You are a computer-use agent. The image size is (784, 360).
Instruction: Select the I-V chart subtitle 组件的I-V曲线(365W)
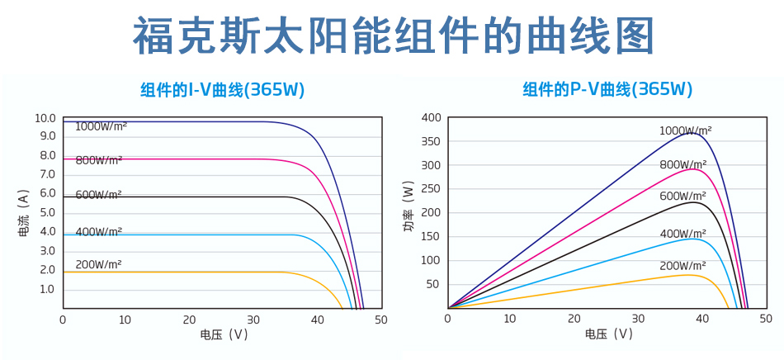(223, 89)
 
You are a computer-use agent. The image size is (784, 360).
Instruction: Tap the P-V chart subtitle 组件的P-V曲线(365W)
(607, 89)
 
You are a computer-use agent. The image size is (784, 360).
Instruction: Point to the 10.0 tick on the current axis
(45, 118)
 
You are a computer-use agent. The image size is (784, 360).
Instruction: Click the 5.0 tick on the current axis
(47, 213)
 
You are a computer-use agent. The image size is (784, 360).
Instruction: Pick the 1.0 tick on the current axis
(47, 289)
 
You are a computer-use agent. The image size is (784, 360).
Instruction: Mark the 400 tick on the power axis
(432, 118)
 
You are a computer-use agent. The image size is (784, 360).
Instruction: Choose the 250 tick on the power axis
(432, 189)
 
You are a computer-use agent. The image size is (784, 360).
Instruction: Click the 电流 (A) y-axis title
(24, 213)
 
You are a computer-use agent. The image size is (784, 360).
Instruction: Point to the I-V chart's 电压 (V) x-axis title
(223, 334)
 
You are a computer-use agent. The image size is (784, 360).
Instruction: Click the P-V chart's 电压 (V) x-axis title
(608, 334)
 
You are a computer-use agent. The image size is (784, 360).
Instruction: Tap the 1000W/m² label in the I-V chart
(101, 126)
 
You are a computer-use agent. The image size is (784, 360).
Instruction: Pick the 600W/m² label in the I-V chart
(98, 195)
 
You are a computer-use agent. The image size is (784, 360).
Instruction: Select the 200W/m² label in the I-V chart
(98, 265)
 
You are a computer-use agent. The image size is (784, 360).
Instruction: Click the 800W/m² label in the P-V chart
(682, 164)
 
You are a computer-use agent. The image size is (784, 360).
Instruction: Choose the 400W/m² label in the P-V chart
(682, 234)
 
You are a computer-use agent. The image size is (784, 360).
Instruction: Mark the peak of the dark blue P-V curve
(693, 132)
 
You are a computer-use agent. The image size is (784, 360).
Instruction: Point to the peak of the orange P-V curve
(689, 274)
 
